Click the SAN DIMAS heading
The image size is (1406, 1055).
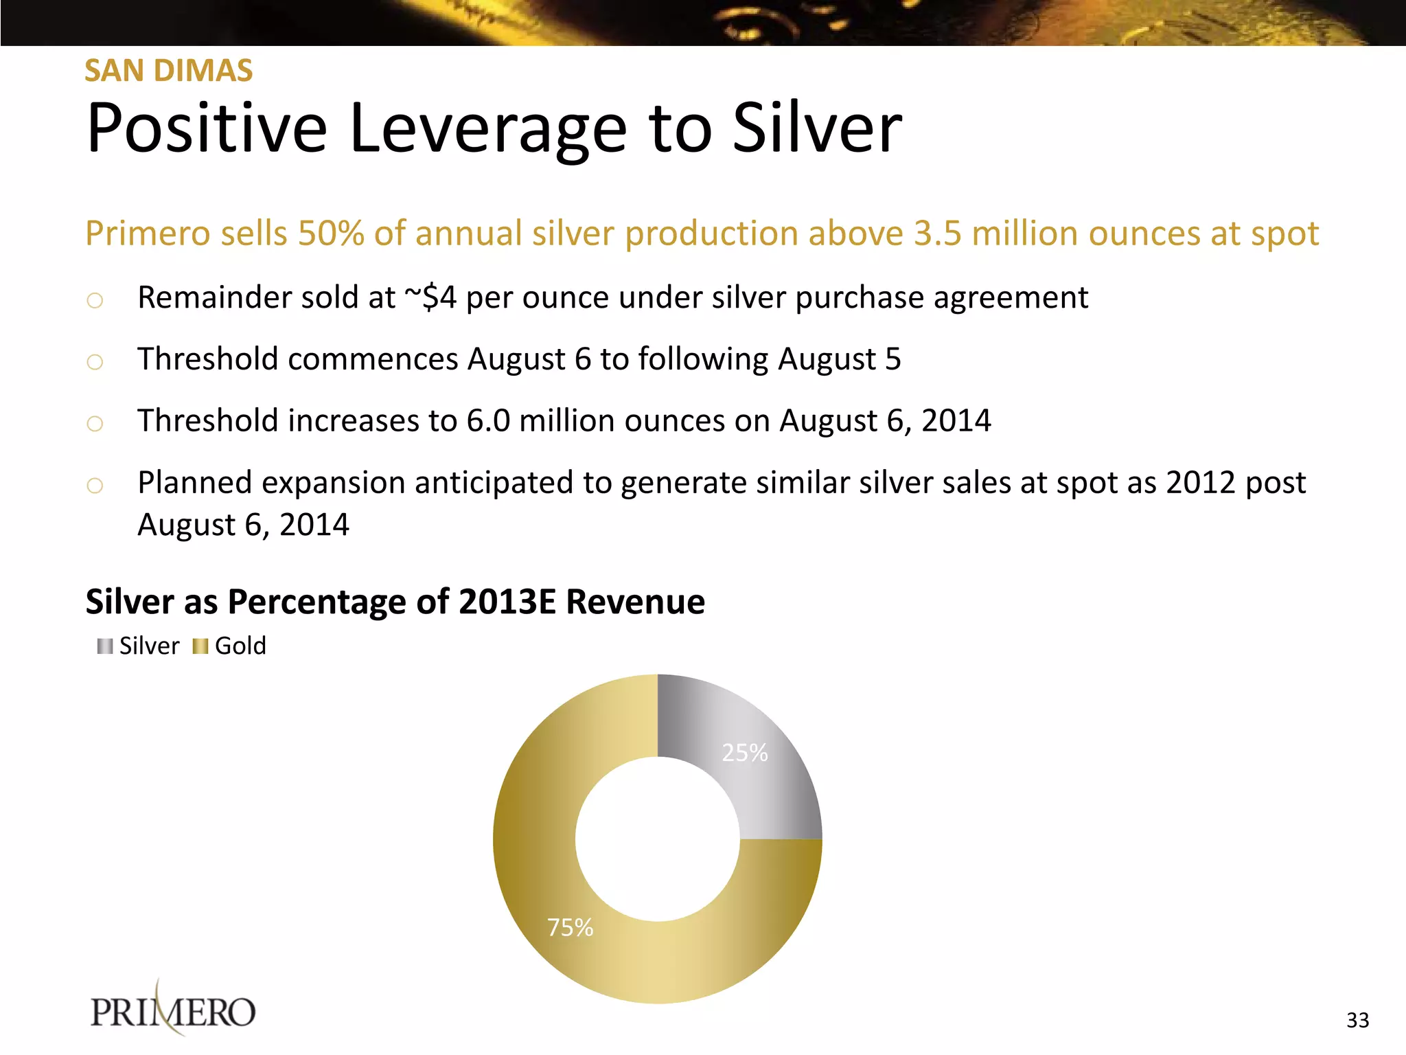click(x=168, y=71)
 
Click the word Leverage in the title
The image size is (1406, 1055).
click(x=487, y=129)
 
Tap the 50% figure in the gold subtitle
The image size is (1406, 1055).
click(x=330, y=234)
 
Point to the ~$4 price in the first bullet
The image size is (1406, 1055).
click(x=430, y=298)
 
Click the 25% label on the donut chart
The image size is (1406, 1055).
click(x=744, y=753)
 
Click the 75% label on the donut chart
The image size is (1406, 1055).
click(x=570, y=928)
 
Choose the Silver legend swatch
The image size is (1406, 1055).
click(x=105, y=646)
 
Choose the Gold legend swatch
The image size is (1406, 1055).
click(x=200, y=646)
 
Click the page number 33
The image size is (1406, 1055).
click(x=1357, y=1020)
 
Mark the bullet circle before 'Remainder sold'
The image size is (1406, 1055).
click(x=95, y=300)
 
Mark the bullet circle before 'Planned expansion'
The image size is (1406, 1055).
click(x=95, y=486)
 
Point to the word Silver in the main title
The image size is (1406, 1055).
click(x=817, y=129)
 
